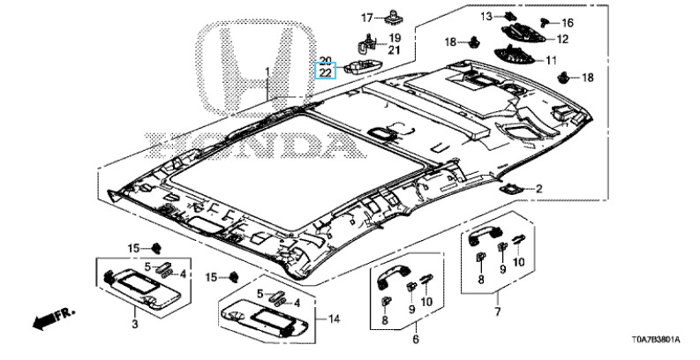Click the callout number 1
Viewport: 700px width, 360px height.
[x=268, y=70]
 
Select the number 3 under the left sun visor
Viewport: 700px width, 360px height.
[x=135, y=326]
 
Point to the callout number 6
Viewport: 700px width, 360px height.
[x=416, y=338]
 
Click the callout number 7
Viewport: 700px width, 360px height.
[x=497, y=312]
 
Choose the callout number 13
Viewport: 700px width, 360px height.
[x=510, y=16]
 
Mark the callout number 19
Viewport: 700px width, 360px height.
[x=395, y=38]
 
